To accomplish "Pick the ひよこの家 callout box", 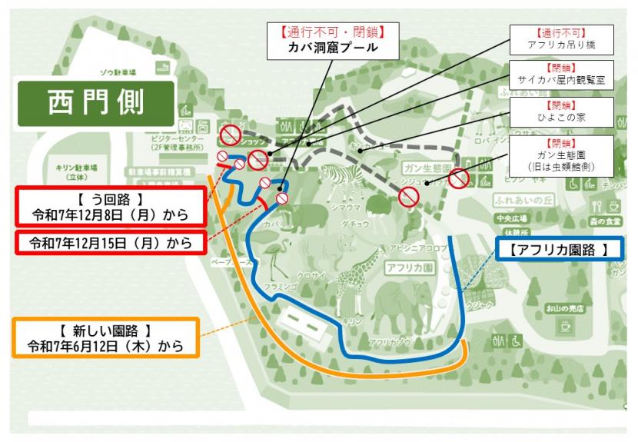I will click(x=563, y=113).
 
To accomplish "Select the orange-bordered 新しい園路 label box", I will click(x=106, y=337).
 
